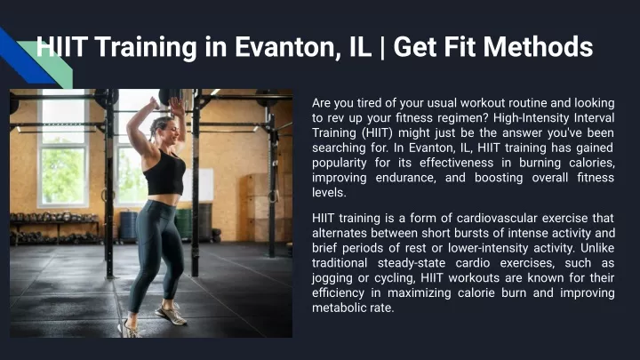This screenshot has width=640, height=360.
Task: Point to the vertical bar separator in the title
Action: [382, 47]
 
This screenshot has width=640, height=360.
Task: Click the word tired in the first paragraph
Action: [370, 103]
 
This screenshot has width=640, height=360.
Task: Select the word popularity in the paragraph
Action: [340, 163]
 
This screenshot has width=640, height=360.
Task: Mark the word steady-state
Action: [411, 263]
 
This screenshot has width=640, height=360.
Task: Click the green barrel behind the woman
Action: [184, 223]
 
